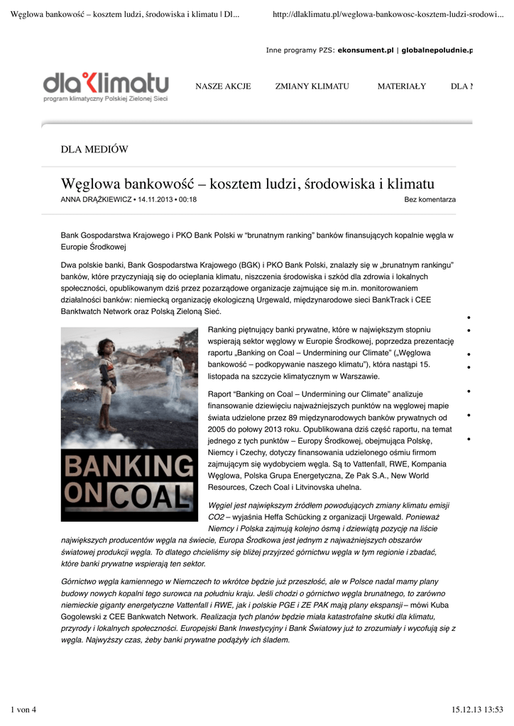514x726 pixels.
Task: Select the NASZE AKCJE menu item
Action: [x=223, y=86]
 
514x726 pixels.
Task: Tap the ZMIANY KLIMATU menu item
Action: [x=312, y=86]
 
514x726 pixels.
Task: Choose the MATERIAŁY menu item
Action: [x=402, y=86]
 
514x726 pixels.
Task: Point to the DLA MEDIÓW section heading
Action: [x=94, y=149]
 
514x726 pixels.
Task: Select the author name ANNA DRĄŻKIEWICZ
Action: [x=96, y=200]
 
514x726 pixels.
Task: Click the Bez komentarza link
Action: [x=430, y=200]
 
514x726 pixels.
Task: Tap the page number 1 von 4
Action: [x=26, y=710]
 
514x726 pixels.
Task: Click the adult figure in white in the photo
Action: [x=175, y=372]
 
